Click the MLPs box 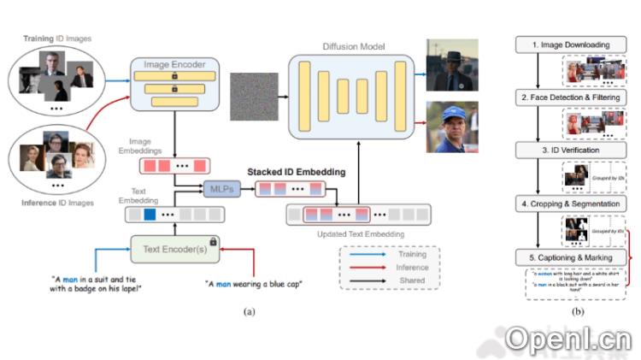218,188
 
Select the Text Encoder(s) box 174,250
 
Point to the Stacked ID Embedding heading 297,172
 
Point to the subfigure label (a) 250,312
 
